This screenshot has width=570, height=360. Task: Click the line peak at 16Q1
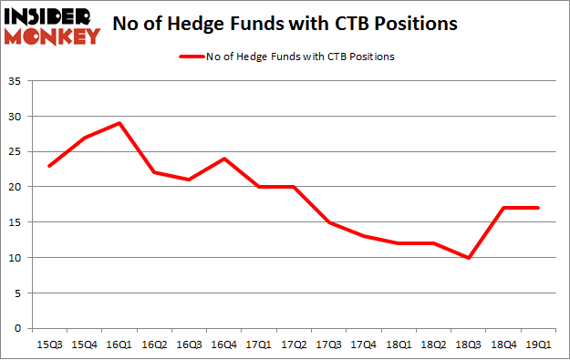tap(119, 123)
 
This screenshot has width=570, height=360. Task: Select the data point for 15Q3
tap(49, 166)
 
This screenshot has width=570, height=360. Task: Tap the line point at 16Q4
tap(224, 159)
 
